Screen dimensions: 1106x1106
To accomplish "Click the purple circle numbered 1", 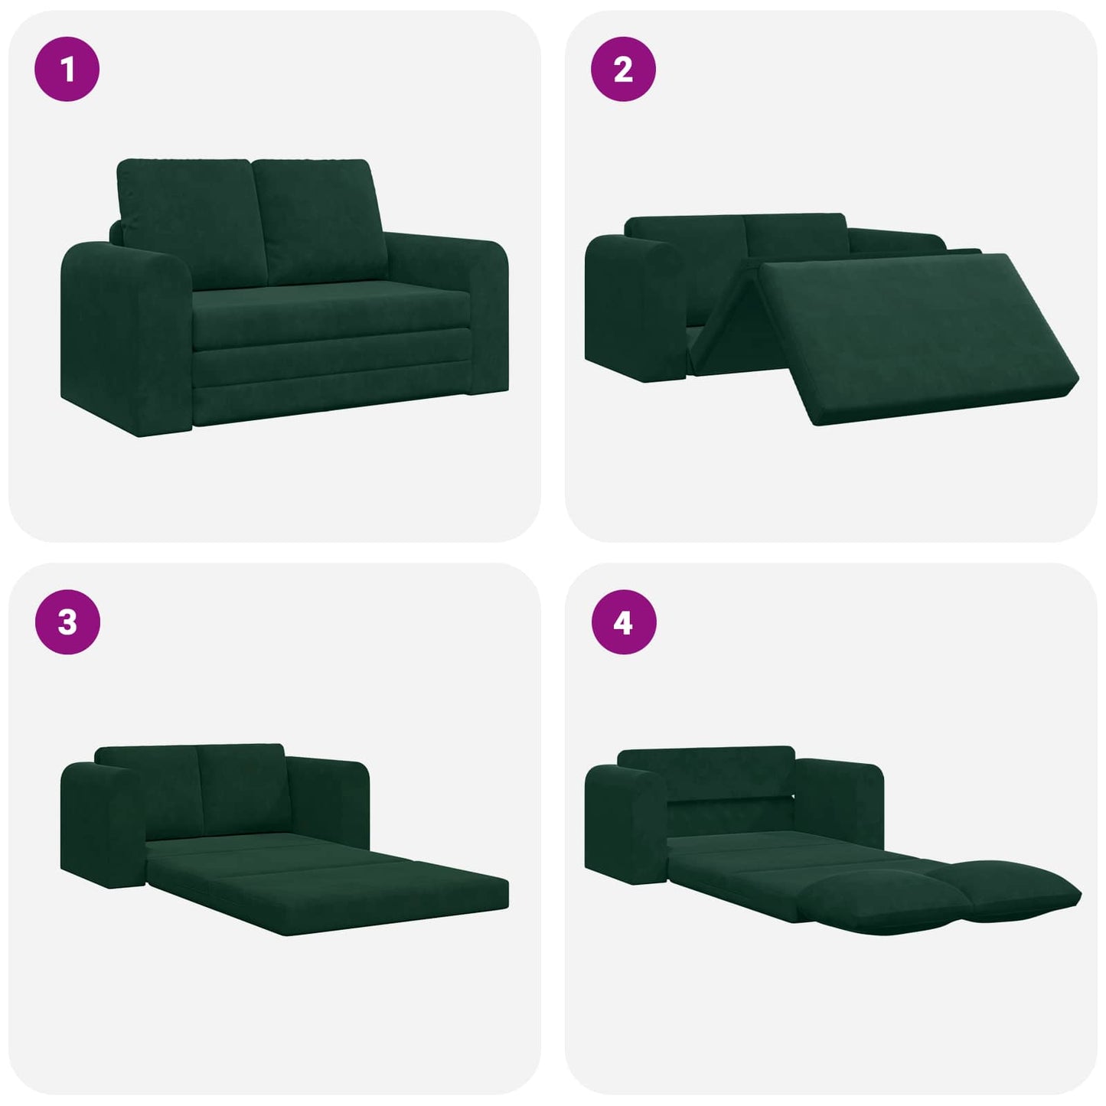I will pos(67,70).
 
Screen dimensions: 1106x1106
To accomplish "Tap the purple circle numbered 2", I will pos(623,70).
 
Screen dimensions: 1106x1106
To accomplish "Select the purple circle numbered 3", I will pos(67,622).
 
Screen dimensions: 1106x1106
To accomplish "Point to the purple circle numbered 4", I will pos(623,622).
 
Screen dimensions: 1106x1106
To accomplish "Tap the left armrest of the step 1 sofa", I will pos(122,337).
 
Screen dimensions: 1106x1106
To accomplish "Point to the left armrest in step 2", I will pos(631,306).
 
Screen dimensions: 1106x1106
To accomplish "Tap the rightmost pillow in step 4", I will pos(1010,888).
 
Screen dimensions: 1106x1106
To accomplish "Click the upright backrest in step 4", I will pos(704,773).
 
